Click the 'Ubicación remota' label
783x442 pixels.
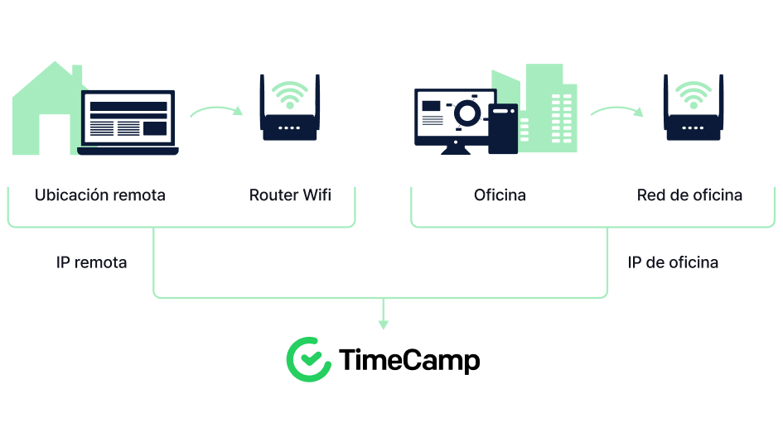(100, 195)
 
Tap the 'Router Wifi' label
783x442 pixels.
(290, 195)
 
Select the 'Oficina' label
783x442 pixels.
(500, 195)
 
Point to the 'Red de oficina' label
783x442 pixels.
(689, 195)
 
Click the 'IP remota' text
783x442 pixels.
(91, 262)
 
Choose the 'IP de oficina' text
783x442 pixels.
(673, 262)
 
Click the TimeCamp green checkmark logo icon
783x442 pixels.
(308, 360)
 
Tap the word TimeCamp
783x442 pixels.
(409, 360)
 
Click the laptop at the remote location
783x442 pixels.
(128, 123)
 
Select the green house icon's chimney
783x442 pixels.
(77, 73)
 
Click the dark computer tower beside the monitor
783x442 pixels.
(503, 128)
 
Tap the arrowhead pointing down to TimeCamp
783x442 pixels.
(384, 324)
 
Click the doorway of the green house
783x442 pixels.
(55, 134)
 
